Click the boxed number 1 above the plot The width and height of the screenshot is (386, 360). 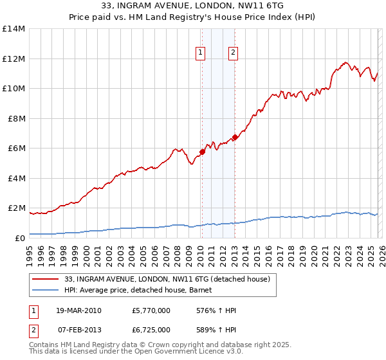(201, 53)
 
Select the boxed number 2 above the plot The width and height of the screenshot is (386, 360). (232, 53)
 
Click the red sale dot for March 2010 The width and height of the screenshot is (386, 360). (202, 152)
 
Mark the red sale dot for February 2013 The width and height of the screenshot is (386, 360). (235, 137)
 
